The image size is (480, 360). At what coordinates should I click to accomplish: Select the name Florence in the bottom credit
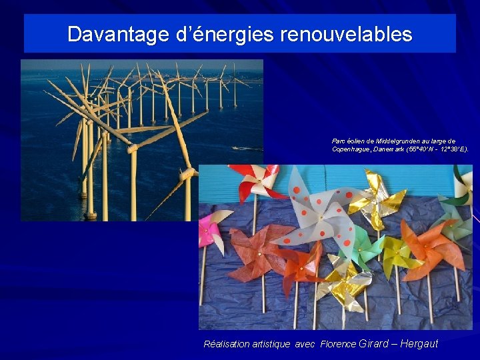(x=338, y=345)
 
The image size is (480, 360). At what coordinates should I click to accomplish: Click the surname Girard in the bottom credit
(x=373, y=344)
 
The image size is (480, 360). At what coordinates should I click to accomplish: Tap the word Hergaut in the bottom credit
(x=419, y=344)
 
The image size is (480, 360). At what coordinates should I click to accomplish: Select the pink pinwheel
(x=211, y=227)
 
